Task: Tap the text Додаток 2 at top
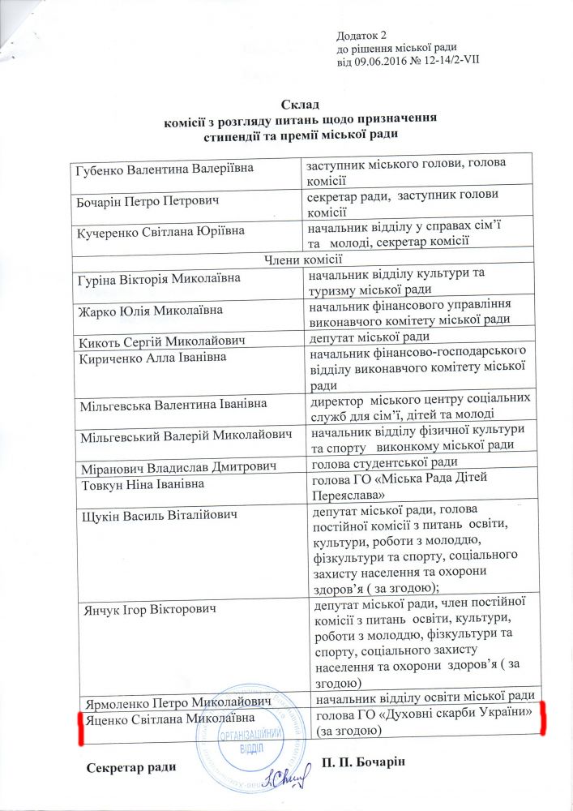(x=362, y=34)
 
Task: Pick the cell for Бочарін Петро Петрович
(x=147, y=199)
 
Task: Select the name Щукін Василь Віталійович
(x=155, y=515)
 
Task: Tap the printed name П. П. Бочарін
(x=374, y=762)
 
